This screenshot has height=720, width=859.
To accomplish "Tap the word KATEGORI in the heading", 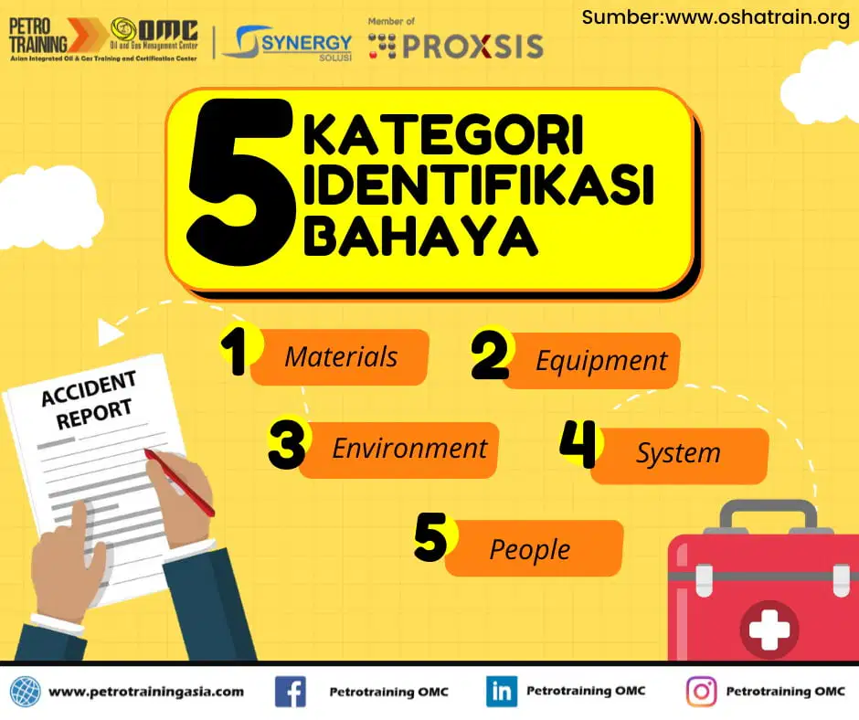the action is pos(444,135).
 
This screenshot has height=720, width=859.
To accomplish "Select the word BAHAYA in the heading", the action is pos(420,236).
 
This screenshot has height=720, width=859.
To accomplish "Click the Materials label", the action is pos(341,356).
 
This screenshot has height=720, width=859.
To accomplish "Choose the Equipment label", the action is pos(601,361).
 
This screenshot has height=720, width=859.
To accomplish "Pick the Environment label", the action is pos(409,449).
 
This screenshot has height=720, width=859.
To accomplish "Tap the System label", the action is pos(678,454).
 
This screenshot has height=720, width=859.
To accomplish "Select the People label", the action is pos(529,549).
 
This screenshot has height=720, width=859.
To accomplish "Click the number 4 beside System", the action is pos(578,444).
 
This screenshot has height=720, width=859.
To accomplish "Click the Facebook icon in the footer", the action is pos(291,692).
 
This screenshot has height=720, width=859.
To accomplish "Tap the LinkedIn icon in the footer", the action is pos(502,692).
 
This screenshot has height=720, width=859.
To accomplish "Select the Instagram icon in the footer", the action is pos(701,692).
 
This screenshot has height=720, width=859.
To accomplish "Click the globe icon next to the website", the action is pos(26,692).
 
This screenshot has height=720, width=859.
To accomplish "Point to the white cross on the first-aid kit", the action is pos(769,629).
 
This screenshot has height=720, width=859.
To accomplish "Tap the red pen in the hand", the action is pos(179,482).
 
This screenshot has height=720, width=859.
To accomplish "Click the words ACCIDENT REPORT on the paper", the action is pos(90,400).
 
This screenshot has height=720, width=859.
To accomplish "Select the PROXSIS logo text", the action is pos(473,46).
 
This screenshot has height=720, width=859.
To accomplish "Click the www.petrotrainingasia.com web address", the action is pos(146,692).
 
